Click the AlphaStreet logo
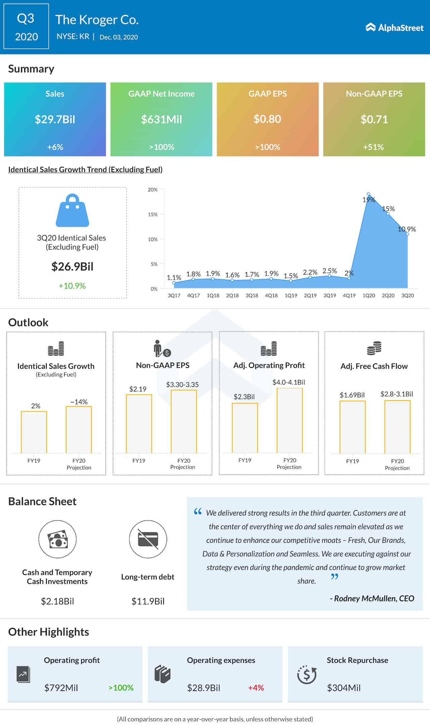tap(394, 28)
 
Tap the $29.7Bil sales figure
tap(55, 119)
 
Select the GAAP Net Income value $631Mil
tap(161, 119)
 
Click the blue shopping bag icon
tap(72, 211)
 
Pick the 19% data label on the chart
tap(369, 200)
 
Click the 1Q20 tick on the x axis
tap(369, 296)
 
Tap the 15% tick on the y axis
tap(153, 215)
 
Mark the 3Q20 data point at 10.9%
tap(407, 234)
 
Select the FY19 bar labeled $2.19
tap(139, 424)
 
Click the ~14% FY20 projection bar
tap(79, 430)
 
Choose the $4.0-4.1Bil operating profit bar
tap(290, 420)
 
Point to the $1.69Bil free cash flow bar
tap(352, 427)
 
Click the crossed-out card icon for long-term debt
tap(148, 539)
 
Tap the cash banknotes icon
tap(57, 539)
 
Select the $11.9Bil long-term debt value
tap(148, 601)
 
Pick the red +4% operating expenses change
tap(256, 688)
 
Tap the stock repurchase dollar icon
tap(307, 675)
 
